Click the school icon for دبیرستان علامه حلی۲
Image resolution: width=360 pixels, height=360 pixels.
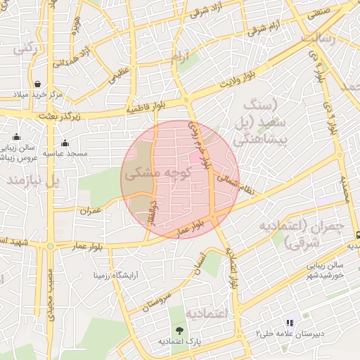pos(289,323)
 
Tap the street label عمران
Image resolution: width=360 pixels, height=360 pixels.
pos(91,210)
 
